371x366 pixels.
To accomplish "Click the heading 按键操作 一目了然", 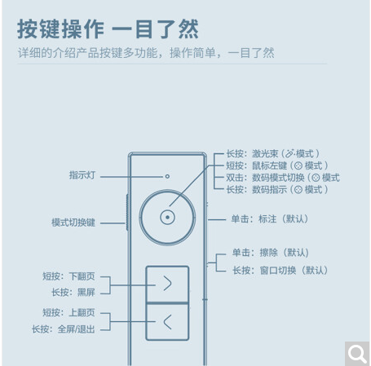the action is point(108,29).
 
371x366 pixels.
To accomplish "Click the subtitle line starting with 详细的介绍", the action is point(146,53).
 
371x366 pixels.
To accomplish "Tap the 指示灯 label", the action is point(82,175).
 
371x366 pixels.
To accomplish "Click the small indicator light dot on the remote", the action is point(167,176).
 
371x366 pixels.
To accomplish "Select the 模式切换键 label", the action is point(73,223).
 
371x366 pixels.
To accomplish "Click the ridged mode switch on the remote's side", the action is point(127,213).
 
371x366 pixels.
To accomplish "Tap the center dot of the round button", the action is point(167,218).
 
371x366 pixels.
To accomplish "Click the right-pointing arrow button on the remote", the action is point(167,284).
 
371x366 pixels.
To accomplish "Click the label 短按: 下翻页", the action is point(68,276).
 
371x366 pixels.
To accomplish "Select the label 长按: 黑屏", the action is point(73,293).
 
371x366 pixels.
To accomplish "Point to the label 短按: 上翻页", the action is point(68,312).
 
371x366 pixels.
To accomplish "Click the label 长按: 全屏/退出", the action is point(64,329).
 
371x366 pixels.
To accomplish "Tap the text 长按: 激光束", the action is point(252,154).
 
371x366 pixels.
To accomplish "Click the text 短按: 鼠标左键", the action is point(257,165).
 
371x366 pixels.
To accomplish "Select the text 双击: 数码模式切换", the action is point(265,178).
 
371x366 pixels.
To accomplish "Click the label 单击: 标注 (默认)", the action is point(270,219).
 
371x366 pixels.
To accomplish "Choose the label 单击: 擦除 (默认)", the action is point(271,253).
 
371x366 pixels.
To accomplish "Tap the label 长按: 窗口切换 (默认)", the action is point(280,271).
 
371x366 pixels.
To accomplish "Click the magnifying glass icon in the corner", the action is point(357,353).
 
